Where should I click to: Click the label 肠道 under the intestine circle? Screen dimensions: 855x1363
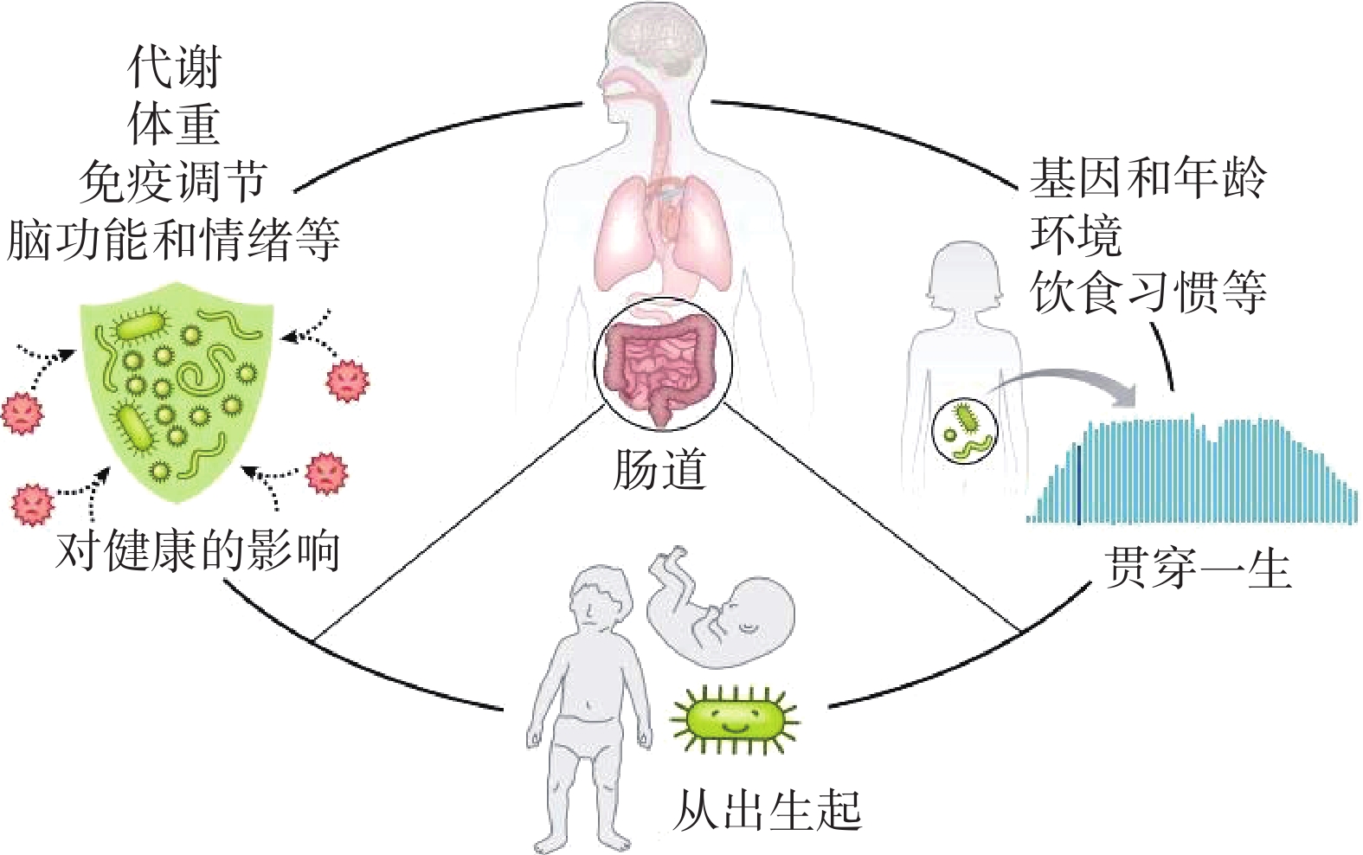tap(659, 470)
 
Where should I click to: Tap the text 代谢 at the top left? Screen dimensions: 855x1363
tap(174, 67)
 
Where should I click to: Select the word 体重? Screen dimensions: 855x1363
tap(174, 125)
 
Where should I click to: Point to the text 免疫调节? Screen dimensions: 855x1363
tap(173, 182)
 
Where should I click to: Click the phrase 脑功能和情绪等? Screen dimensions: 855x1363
tap(173, 240)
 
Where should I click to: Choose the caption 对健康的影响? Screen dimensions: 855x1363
tap(197, 550)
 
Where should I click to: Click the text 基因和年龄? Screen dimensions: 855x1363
tap(1148, 179)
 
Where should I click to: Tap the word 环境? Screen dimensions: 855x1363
tap(1076, 235)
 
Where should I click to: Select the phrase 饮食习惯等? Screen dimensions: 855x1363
tap(1148, 292)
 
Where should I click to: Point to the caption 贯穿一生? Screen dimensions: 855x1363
tap(1198, 569)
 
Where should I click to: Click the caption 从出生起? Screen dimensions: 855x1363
tap(767, 811)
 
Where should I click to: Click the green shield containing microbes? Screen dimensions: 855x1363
tap(176, 381)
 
